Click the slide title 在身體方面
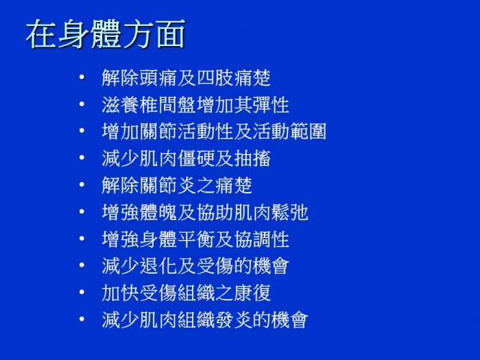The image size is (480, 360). point(106,34)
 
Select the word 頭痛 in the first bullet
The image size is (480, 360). point(158,77)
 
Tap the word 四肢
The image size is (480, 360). point(215,77)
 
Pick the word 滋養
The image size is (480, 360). point(120,105)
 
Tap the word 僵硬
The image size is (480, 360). point(195,158)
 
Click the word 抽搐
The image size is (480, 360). point(252,158)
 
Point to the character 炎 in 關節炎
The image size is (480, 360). point(187,185)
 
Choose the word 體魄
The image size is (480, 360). point(158,212)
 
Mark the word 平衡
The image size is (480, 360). point(195,239)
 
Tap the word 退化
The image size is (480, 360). point(158,266)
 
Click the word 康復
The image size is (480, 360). point(252,293)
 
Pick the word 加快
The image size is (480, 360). point(120,293)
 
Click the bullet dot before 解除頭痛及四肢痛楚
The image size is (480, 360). point(82,77)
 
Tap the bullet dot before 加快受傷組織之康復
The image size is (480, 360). point(82,292)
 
